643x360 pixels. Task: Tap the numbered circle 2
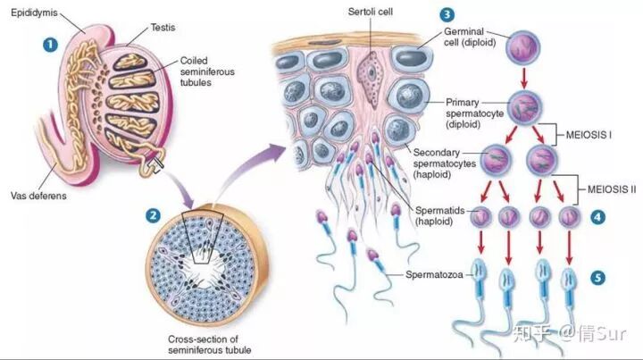click(x=154, y=216)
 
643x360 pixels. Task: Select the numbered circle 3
click(x=446, y=16)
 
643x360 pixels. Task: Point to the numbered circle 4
click(x=597, y=216)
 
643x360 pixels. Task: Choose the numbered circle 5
click(x=597, y=278)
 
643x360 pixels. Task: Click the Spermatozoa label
click(x=434, y=272)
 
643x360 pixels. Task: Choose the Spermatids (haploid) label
click(x=438, y=215)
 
